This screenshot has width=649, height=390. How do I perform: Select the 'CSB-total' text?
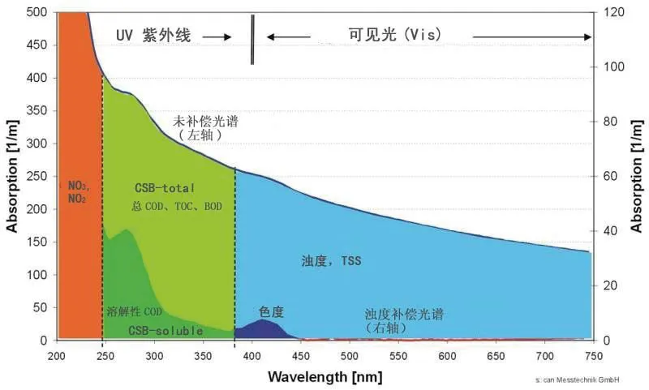point(167,188)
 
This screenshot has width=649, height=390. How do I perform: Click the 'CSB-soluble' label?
point(165,330)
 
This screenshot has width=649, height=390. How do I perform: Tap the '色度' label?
point(271,311)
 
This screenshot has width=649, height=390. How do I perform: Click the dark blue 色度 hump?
point(264,329)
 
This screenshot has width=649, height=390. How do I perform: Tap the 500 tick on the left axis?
point(37,12)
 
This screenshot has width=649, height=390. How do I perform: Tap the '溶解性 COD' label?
point(135,311)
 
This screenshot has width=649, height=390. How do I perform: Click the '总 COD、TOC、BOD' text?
point(177,207)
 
